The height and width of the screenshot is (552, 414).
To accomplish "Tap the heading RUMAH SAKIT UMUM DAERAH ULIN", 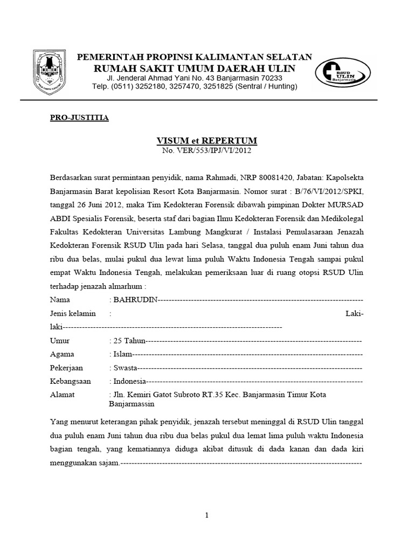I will point(195,68).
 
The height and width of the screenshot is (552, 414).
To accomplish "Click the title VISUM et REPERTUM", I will point(206,141).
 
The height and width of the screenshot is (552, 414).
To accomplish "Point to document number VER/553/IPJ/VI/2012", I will point(206,151).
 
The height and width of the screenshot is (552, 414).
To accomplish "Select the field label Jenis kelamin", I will point(73,313).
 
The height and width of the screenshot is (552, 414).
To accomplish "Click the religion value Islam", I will point(122,355).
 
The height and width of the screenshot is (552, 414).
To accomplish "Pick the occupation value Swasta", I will point(125,368).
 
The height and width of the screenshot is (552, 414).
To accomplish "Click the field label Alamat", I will point(63,395).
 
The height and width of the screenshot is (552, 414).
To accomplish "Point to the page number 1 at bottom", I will point(206,516).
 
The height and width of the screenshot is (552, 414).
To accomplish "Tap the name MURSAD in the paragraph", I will point(344,205).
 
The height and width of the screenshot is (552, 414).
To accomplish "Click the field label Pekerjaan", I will point(68,368).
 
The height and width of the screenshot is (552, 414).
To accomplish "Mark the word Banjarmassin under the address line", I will point(132,403).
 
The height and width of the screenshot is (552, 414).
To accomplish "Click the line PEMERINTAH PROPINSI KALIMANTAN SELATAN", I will point(195,57).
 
